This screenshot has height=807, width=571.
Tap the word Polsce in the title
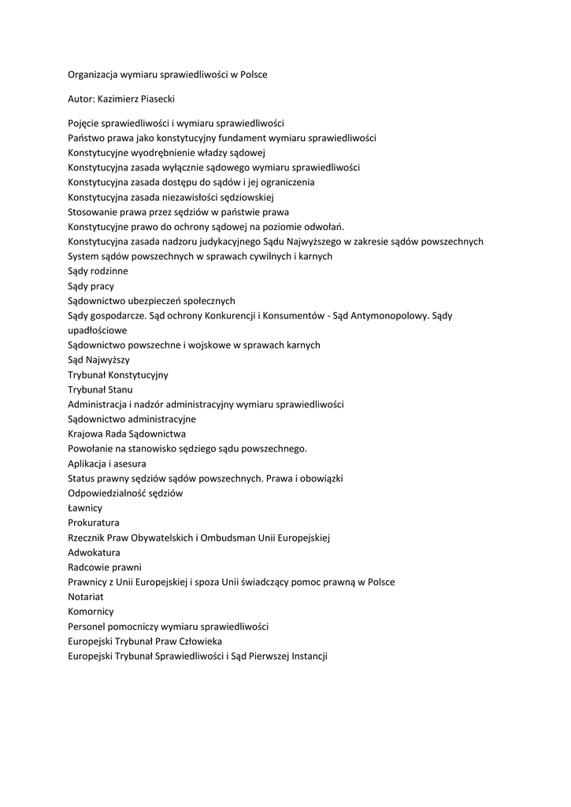(252, 74)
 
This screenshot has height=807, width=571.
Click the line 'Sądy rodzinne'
(98, 271)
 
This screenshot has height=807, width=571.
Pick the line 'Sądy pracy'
(91, 286)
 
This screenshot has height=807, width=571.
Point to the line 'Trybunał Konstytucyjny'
(117, 374)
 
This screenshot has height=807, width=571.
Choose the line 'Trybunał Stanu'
(100, 389)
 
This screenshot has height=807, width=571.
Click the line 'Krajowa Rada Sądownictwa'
(127, 433)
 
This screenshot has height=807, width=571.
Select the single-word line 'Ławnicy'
(85, 508)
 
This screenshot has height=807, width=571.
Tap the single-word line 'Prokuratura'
(94, 523)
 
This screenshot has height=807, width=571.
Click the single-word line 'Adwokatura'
(94, 552)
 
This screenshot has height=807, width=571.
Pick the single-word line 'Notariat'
(86, 597)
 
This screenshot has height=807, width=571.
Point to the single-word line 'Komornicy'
(91, 612)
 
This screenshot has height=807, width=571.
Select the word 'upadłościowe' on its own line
(97, 330)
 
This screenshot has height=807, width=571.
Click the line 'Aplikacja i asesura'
(107, 463)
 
